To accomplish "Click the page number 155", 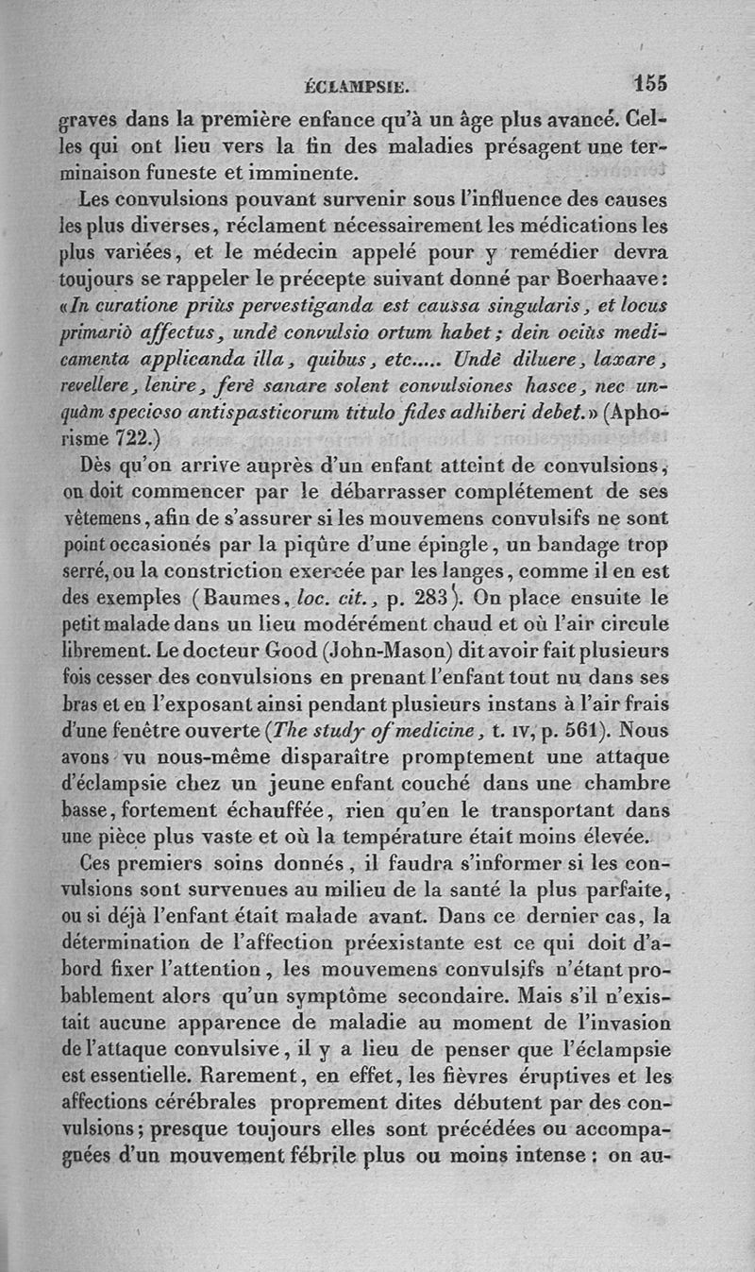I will (x=650, y=83).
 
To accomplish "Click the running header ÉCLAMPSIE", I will (x=356, y=87).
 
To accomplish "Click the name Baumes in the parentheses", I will (x=248, y=597).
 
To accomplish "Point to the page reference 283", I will (x=454, y=597).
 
